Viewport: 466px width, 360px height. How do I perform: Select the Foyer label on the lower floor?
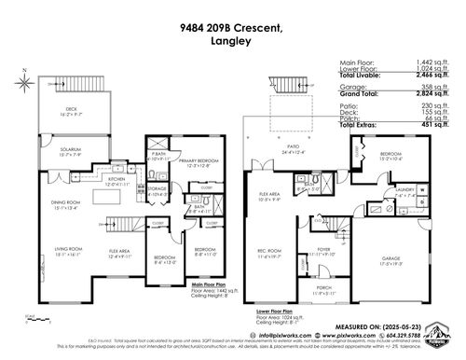[x=323, y=247]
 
